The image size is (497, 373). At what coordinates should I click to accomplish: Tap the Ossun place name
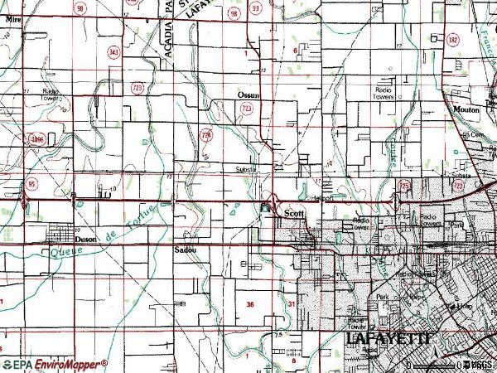coord(249,96)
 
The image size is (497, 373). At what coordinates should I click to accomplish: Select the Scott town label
coord(295,213)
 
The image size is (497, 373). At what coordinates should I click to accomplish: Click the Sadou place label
coord(184,248)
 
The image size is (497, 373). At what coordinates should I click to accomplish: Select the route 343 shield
coord(113,52)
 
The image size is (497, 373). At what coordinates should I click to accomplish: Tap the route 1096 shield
coord(38,140)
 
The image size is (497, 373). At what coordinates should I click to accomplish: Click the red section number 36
coord(251,305)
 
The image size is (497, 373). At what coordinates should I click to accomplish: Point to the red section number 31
coord(292,305)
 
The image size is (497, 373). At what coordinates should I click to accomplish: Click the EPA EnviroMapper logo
coord(55,364)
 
